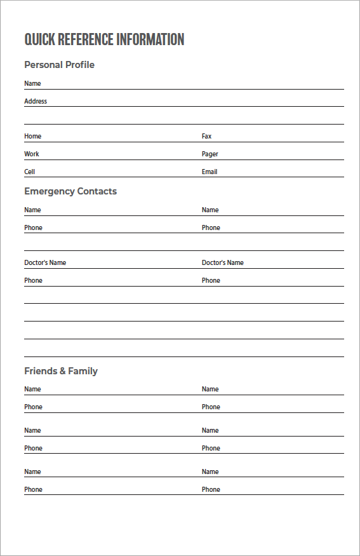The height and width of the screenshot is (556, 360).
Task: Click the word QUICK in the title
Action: tap(40, 39)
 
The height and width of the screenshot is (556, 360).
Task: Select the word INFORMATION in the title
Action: tap(150, 39)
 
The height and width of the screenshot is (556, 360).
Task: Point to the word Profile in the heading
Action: tap(80, 65)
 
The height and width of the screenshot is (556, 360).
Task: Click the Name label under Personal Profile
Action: tap(32, 83)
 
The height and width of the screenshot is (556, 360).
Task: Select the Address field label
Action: tap(36, 101)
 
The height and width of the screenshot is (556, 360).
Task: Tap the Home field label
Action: tap(32, 136)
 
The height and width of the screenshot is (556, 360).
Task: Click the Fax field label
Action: tap(206, 136)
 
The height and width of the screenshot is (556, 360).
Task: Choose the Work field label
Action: tap(32, 154)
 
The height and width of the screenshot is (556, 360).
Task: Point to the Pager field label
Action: tap(210, 154)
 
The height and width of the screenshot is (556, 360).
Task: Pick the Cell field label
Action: tap(30, 172)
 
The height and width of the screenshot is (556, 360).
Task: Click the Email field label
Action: tap(210, 172)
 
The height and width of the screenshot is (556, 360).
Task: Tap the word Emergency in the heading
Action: tap(49, 191)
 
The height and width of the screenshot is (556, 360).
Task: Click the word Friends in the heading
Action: tap(40, 371)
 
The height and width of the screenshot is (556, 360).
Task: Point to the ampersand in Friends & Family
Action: tap(62, 371)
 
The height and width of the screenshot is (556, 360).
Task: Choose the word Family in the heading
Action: tap(83, 371)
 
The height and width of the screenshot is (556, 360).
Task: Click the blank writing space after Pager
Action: tap(279, 154)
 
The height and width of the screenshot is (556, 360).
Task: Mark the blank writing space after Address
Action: tap(190, 101)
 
